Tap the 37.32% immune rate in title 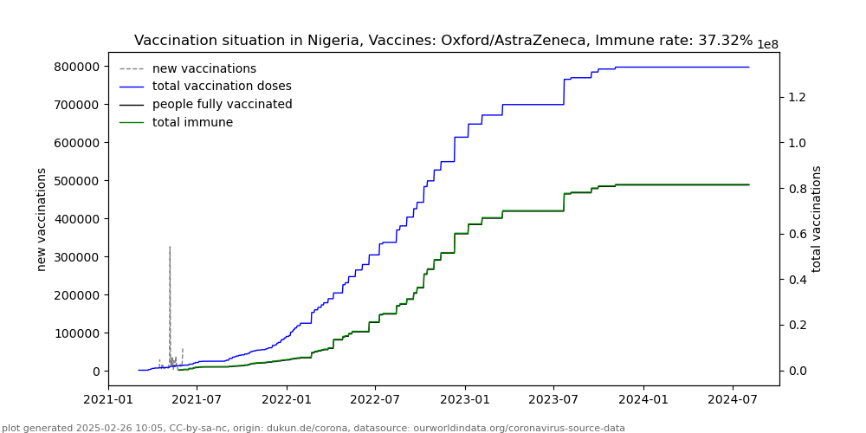coord(721,41)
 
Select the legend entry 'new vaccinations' coord(204,68)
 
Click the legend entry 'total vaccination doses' coord(222,87)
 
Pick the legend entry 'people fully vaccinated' coord(222,105)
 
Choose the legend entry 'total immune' coord(192,123)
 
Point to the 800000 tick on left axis coord(75,67)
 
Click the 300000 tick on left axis coord(75,257)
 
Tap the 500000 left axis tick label coord(75,181)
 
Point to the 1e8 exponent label coord(767,45)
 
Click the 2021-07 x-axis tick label coord(197,400)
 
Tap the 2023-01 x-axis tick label coord(465,400)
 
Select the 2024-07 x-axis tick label coord(734,400)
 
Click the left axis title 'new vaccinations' coord(42,219)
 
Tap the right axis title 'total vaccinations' coord(817,219)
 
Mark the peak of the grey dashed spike coord(170,247)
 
